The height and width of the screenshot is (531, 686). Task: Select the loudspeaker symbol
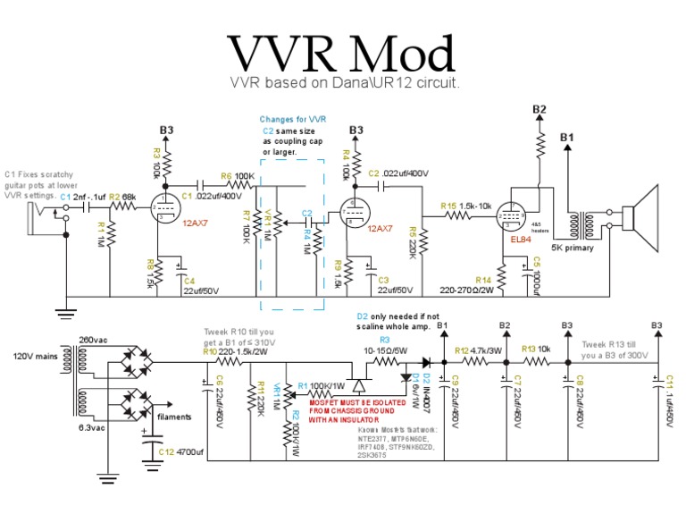coord(640,215)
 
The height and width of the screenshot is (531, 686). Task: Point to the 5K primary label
coord(573,248)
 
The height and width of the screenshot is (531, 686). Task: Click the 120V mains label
coord(33,357)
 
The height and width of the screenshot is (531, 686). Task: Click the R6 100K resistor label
coord(238,176)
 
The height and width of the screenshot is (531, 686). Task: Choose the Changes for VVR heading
coord(292,119)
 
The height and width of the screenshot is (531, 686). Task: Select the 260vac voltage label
coord(94,340)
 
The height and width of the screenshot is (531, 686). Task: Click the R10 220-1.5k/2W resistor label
coord(236,352)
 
